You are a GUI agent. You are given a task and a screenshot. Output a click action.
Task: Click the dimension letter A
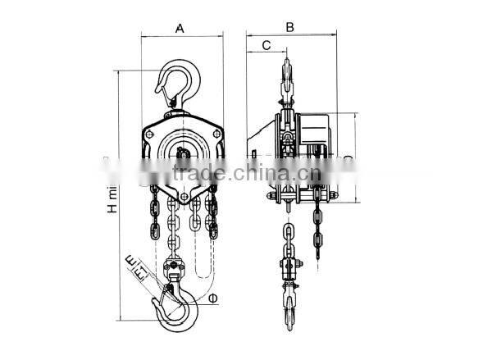tap(180, 28)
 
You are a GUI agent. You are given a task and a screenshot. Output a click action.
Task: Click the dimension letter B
tap(289, 27)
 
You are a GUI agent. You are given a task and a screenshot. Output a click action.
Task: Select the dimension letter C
tap(266, 46)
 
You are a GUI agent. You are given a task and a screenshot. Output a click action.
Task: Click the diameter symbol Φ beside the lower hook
tap(213, 298)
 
